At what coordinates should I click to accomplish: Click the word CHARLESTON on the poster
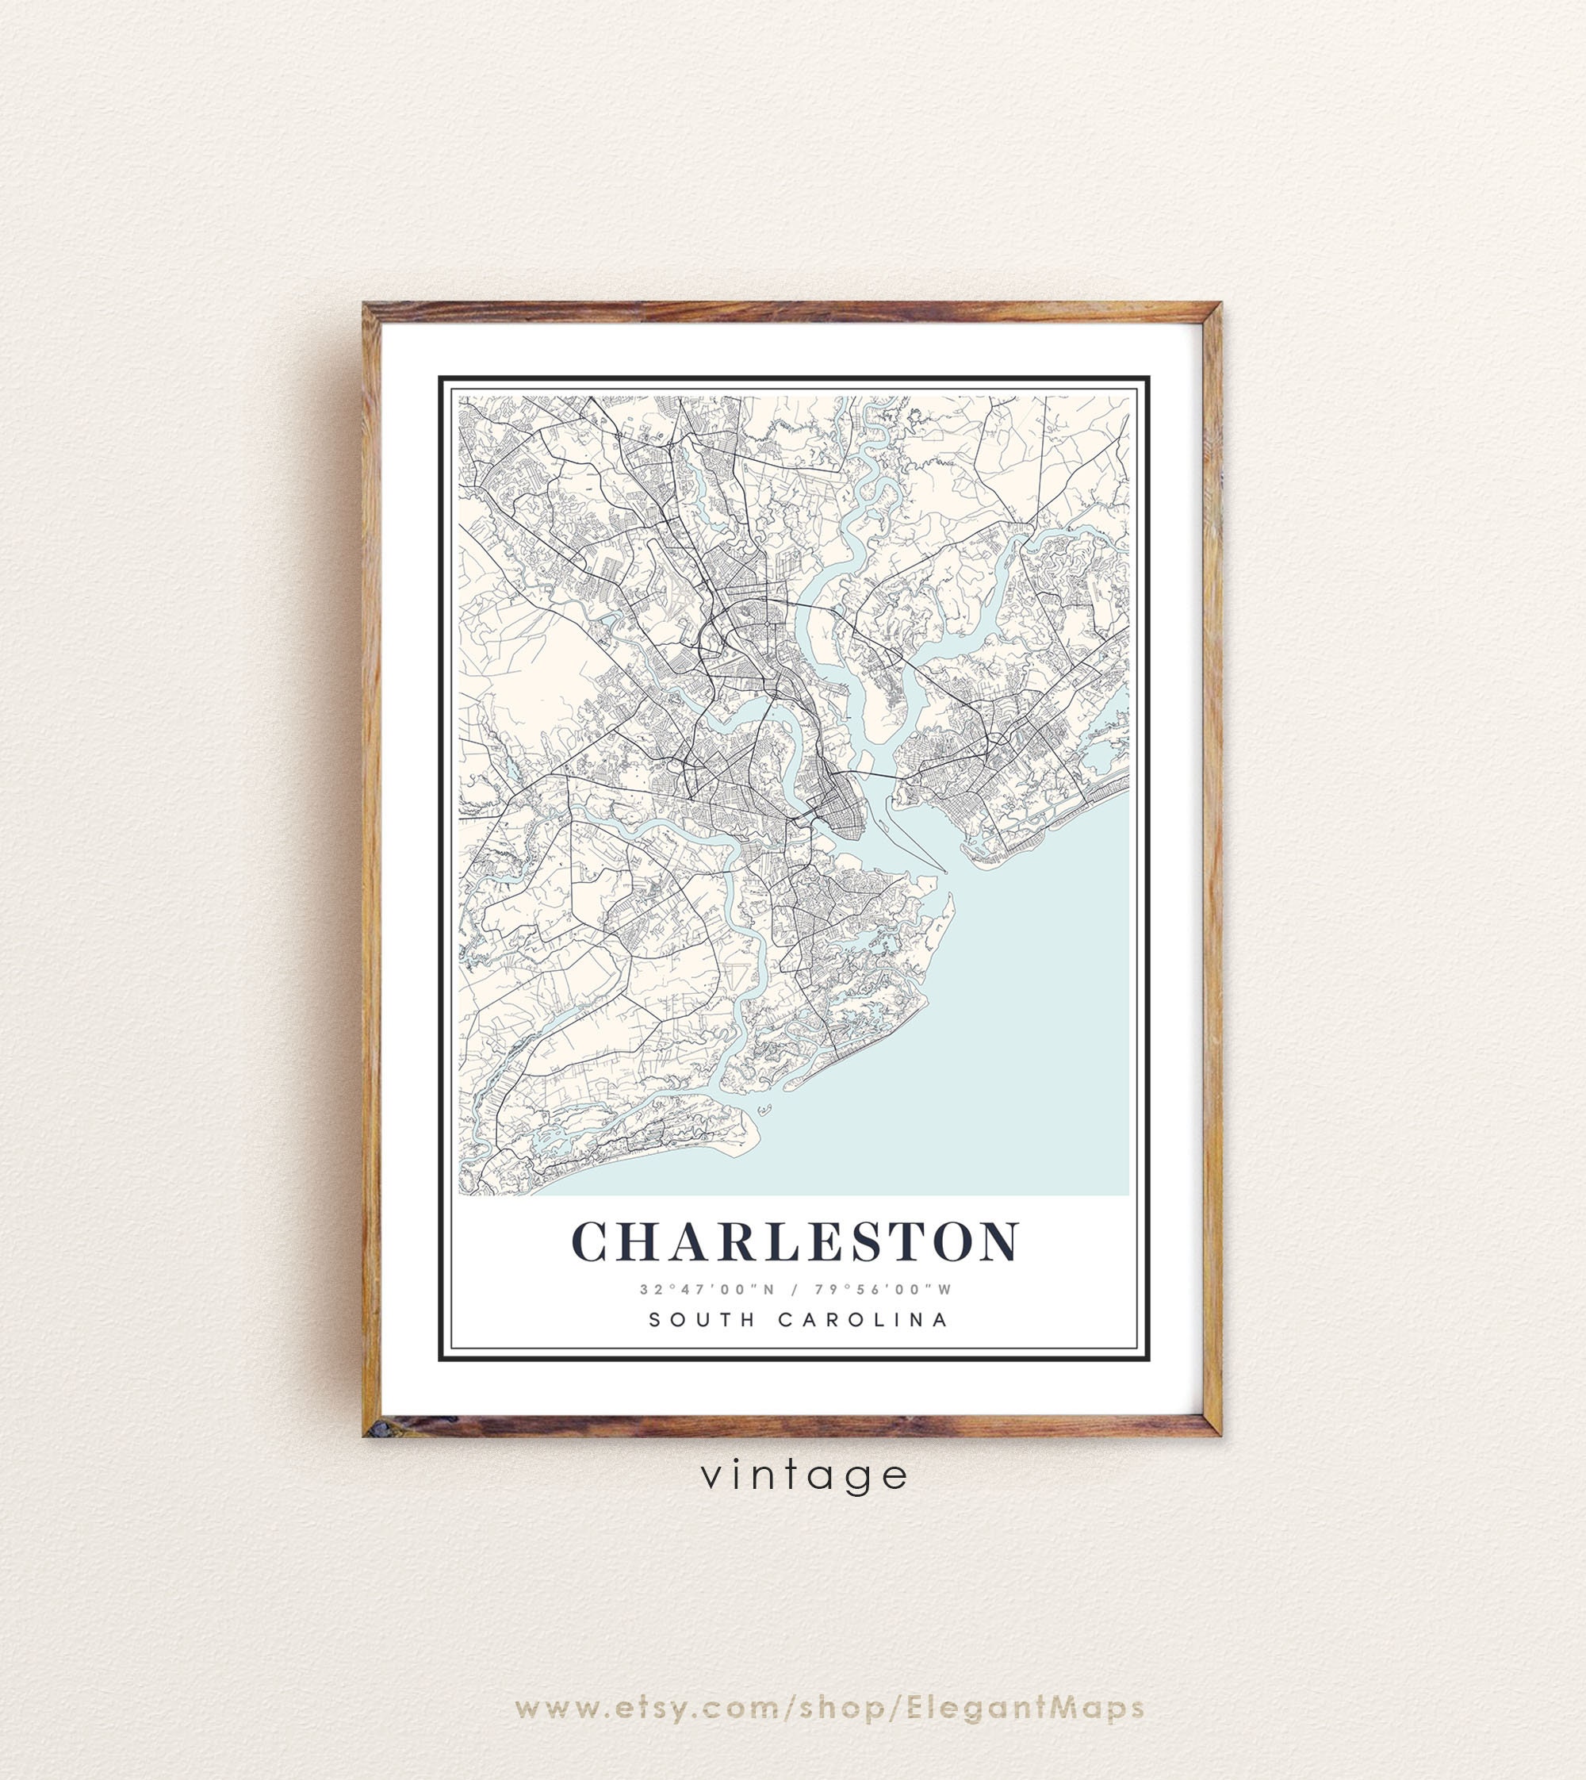794,1241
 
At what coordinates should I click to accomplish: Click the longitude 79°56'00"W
883,1289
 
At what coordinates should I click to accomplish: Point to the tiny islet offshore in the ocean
765,1110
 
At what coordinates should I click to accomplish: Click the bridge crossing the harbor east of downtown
872,773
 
